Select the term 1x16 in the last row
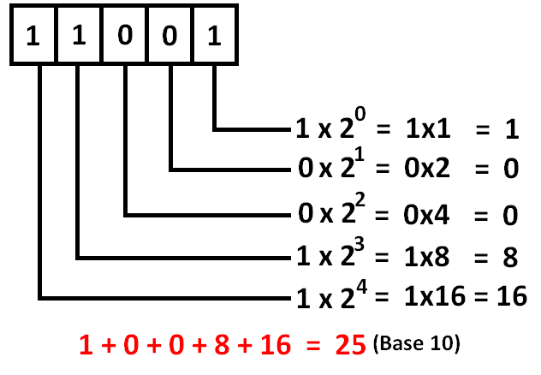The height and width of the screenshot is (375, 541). [434, 298]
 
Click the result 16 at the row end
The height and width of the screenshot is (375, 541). [509, 298]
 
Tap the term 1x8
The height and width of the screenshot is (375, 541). [429, 256]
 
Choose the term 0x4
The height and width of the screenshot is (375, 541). [429, 214]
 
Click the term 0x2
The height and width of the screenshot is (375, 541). [429, 170]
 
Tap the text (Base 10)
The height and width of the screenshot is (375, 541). [418, 345]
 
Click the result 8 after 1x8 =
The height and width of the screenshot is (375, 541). [511, 256]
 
